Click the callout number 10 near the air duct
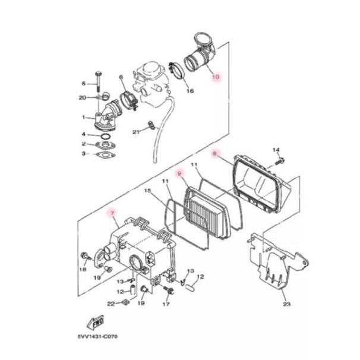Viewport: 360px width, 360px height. [216, 77]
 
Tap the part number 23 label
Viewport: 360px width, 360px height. [287, 305]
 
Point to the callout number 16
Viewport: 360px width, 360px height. [190, 91]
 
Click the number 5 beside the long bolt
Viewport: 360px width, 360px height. [83, 83]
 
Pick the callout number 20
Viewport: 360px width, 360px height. [83, 97]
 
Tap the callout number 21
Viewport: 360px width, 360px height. [136, 131]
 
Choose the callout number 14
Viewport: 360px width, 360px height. [276, 149]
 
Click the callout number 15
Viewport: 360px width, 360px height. [149, 191]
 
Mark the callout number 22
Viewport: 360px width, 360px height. [110, 304]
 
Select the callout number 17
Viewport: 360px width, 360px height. [166, 304]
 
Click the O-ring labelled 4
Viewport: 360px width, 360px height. [105, 135]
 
